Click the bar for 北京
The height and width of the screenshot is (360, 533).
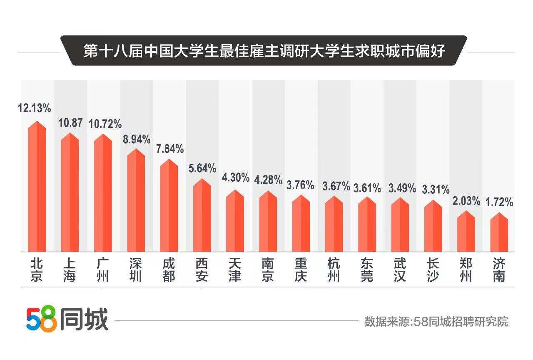point(37,187)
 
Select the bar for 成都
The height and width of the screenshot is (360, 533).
point(169,206)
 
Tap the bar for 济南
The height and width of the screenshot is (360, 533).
point(498,233)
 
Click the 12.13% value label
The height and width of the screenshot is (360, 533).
point(34,108)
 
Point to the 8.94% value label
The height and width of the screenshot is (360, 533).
point(136,140)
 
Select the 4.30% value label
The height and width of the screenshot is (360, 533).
point(235,177)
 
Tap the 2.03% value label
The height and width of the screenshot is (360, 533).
point(466,201)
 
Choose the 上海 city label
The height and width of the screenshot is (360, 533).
point(70,270)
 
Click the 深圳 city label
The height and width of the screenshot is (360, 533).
point(136,270)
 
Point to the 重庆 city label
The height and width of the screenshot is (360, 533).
point(301,270)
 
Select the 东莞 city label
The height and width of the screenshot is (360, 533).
point(367,270)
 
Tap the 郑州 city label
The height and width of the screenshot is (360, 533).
point(466,270)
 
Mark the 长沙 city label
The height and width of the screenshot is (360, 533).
point(433,270)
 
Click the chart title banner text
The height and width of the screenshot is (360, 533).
point(264,51)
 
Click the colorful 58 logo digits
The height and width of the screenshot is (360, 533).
point(41,320)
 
